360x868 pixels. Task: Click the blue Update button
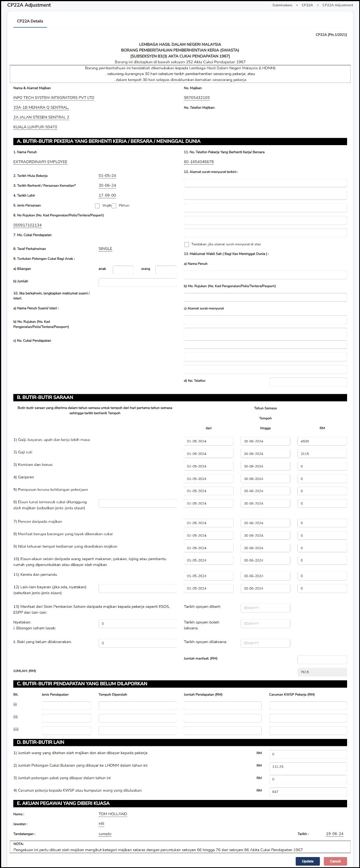point(308,861)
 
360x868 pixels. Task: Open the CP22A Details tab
point(30,21)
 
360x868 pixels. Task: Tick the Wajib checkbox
point(97,206)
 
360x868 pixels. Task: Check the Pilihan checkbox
point(114,206)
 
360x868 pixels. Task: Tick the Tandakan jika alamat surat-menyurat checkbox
point(187,244)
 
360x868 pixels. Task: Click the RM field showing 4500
point(322,441)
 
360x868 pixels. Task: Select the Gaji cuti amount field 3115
point(322,454)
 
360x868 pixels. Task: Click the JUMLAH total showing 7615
point(322,672)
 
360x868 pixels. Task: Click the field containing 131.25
point(308,767)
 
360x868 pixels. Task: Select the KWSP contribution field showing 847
point(308,792)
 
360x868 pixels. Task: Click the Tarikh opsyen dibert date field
point(265,608)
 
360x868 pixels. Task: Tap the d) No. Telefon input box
point(308,381)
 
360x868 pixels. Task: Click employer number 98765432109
point(196,98)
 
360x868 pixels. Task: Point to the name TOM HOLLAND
point(113,814)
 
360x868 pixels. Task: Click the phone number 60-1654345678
point(199,162)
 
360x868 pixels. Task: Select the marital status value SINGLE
point(105,249)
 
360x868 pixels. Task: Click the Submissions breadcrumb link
point(282,5)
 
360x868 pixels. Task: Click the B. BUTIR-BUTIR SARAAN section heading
point(45,397)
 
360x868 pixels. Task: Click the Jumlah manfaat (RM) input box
point(322,660)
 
